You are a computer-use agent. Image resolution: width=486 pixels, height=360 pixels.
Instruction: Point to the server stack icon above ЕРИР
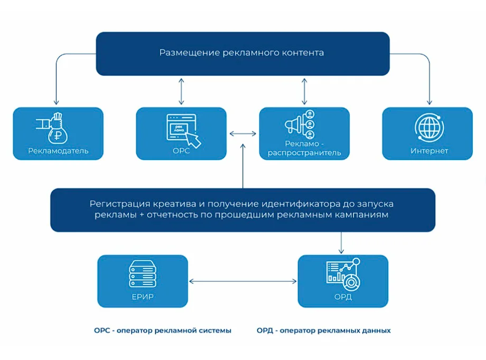click(x=143, y=274)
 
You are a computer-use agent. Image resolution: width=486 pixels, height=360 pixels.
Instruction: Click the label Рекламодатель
click(x=58, y=151)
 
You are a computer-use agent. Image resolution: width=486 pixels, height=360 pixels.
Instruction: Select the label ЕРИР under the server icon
click(x=143, y=297)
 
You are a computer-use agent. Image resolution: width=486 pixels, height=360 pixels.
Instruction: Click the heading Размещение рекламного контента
click(x=241, y=53)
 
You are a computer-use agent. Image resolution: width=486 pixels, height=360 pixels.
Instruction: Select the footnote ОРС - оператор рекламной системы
click(x=163, y=331)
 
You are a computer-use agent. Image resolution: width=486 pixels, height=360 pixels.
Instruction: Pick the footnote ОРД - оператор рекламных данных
click(x=324, y=331)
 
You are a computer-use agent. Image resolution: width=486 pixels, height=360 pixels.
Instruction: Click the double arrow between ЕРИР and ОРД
click(x=242, y=281)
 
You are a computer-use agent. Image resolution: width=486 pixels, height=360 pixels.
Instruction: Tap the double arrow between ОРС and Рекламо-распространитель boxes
click(x=242, y=134)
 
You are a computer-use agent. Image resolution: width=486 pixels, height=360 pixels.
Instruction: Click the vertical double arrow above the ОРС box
click(x=181, y=91)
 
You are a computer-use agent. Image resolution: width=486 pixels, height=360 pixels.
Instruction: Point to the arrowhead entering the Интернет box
click(x=429, y=102)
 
